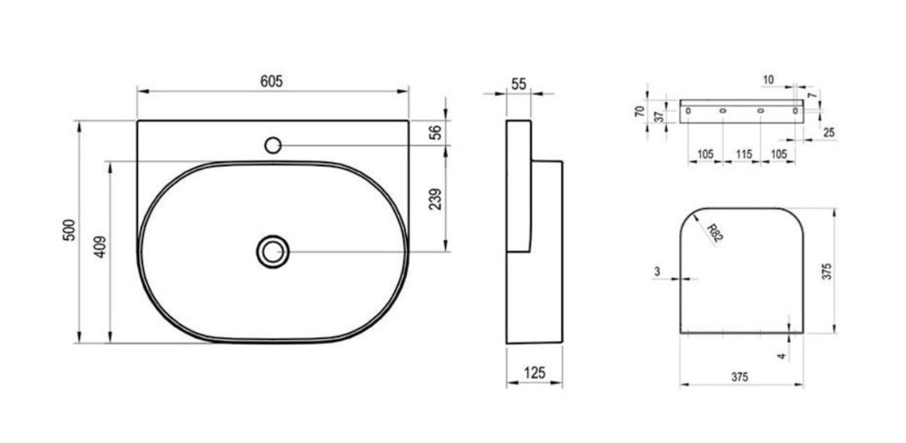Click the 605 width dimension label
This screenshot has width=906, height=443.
point(272,82)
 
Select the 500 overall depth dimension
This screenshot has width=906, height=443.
point(69,230)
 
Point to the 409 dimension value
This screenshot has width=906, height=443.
point(101,247)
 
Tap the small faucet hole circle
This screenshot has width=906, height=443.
point(273,145)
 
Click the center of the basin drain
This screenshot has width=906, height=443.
point(273,252)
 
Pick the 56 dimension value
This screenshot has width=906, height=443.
point(436,132)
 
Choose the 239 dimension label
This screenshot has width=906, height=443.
point(436,199)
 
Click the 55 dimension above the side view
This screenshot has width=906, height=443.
point(518,84)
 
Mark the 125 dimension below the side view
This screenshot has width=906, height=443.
point(534,374)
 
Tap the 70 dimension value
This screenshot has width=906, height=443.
point(640,111)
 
